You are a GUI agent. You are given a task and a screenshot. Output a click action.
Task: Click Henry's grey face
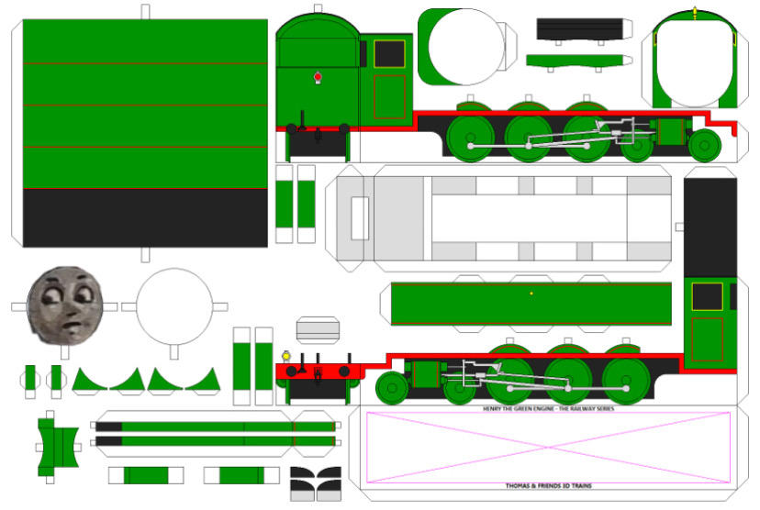point(65,303)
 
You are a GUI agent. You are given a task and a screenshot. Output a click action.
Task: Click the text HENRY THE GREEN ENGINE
point(548,408)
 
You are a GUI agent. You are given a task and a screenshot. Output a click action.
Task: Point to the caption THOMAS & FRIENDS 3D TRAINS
point(548,486)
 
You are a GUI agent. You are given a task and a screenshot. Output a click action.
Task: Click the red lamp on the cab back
point(318,77)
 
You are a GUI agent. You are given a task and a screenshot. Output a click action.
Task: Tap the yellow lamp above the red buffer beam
point(285,355)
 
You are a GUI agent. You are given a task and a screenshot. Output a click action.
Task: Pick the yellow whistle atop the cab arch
point(695,12)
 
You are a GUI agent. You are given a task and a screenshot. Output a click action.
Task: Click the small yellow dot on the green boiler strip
point(531,294)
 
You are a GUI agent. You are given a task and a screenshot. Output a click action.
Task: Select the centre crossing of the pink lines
point(548,447)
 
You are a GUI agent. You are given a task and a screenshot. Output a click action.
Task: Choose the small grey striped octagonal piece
point(318,330)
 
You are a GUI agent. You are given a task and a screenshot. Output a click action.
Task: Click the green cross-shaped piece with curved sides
point(56,445)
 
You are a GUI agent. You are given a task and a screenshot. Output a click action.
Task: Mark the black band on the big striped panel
point(145,217)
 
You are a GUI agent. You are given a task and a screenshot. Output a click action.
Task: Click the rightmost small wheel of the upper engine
point(705,145)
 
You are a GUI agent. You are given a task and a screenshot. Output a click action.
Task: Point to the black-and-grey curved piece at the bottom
point(315,483)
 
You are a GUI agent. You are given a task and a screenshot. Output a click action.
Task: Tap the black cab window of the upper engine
point(389,54)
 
